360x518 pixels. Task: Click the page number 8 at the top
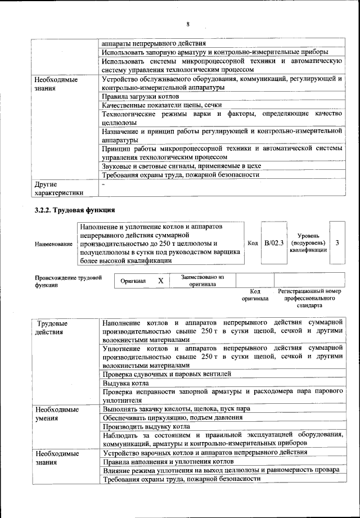(188, 24)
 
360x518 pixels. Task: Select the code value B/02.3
(274, 242)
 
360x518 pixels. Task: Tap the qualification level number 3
(336, 242)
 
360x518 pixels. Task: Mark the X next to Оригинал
(160, 280)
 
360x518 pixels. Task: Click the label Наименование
(53, 244)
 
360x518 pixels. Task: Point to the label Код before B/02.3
(253, 242)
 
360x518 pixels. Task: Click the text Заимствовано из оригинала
(202, 280)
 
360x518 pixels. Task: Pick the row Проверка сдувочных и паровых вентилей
(166, 373)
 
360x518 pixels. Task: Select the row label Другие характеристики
(58, 188)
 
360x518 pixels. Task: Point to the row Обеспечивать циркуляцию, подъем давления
(172, 417)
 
